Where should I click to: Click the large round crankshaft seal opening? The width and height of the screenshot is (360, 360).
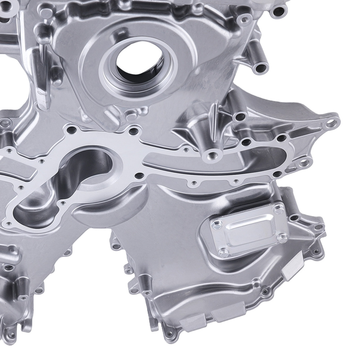coord(139,65)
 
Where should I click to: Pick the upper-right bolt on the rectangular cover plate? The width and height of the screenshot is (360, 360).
coord(278,208)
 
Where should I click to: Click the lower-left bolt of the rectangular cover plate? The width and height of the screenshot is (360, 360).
coord(225,252)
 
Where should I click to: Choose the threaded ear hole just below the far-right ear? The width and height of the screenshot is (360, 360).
coord(306,162)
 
